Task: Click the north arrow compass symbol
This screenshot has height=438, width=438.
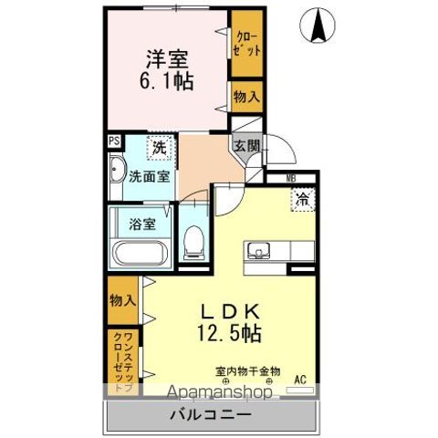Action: click(319, 24)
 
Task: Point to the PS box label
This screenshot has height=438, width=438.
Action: click(114, 141)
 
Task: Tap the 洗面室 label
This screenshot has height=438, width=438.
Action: click(148, 177)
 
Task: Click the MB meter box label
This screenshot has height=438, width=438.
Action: click(291, 178)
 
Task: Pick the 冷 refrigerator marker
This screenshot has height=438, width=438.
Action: click(300, 196)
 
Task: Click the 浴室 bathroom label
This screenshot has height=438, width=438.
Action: click(141, 221)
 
